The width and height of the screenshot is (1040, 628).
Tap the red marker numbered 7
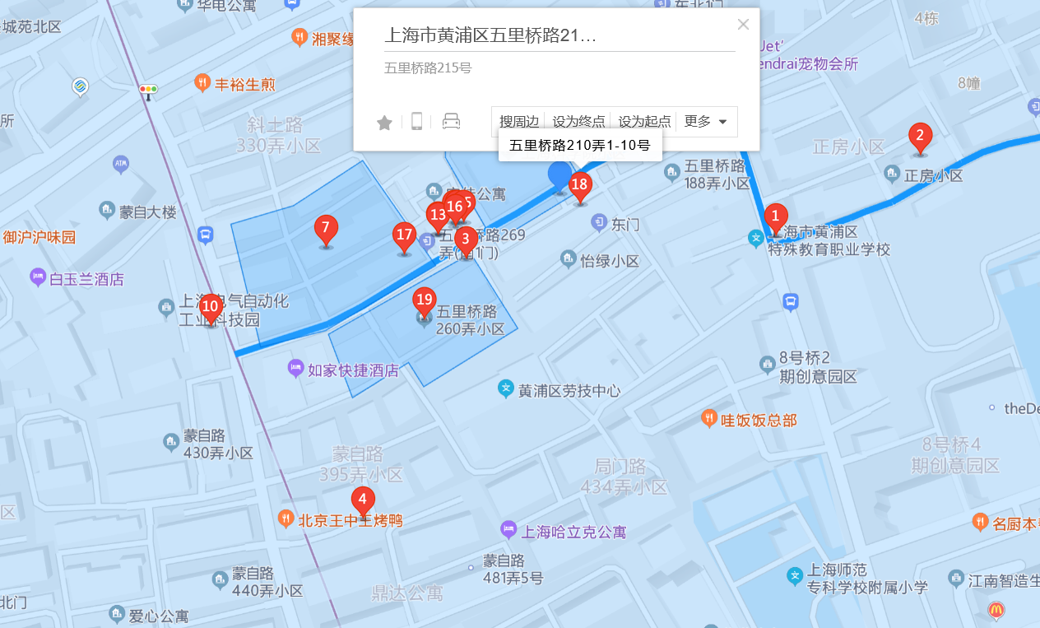pyautogui.click(x=326, y=229)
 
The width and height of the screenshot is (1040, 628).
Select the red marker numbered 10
pyautogui.click(x=211, y=308)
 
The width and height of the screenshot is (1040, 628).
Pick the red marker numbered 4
pyautogui.click(x=363, y=499)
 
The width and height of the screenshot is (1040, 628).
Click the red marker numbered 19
pyautogui.click(x=425, y=300)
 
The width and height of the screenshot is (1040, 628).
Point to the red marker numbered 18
pyautogui.click(x=580, y=185)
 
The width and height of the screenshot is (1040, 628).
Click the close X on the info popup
pyautogui.click(x=743, y=25)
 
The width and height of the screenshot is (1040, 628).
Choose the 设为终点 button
pyautogui.click(x=578, y=122)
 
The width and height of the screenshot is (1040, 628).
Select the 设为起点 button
pyautogui.click(x=644, y=122)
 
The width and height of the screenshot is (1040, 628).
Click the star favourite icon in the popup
pyautogui.click(x=384, y=123)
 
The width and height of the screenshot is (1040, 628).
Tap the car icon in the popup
pyautogui.click(x=451, y=122)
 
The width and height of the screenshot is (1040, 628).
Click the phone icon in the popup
pyautogui.click(x=417, y=122)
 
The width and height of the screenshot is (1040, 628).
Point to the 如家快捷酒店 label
pyautogui.click(x=353, y=371)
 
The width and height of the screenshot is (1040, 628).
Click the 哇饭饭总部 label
pyautogui.click(x=759, y=421)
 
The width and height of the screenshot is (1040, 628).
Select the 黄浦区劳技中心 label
pyautogui.click(x=569, y=391)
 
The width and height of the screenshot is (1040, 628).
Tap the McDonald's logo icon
pyautogui.click(x=996, y=610)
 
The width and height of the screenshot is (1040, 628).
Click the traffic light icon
pyautogui.click(x=149, y=90)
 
